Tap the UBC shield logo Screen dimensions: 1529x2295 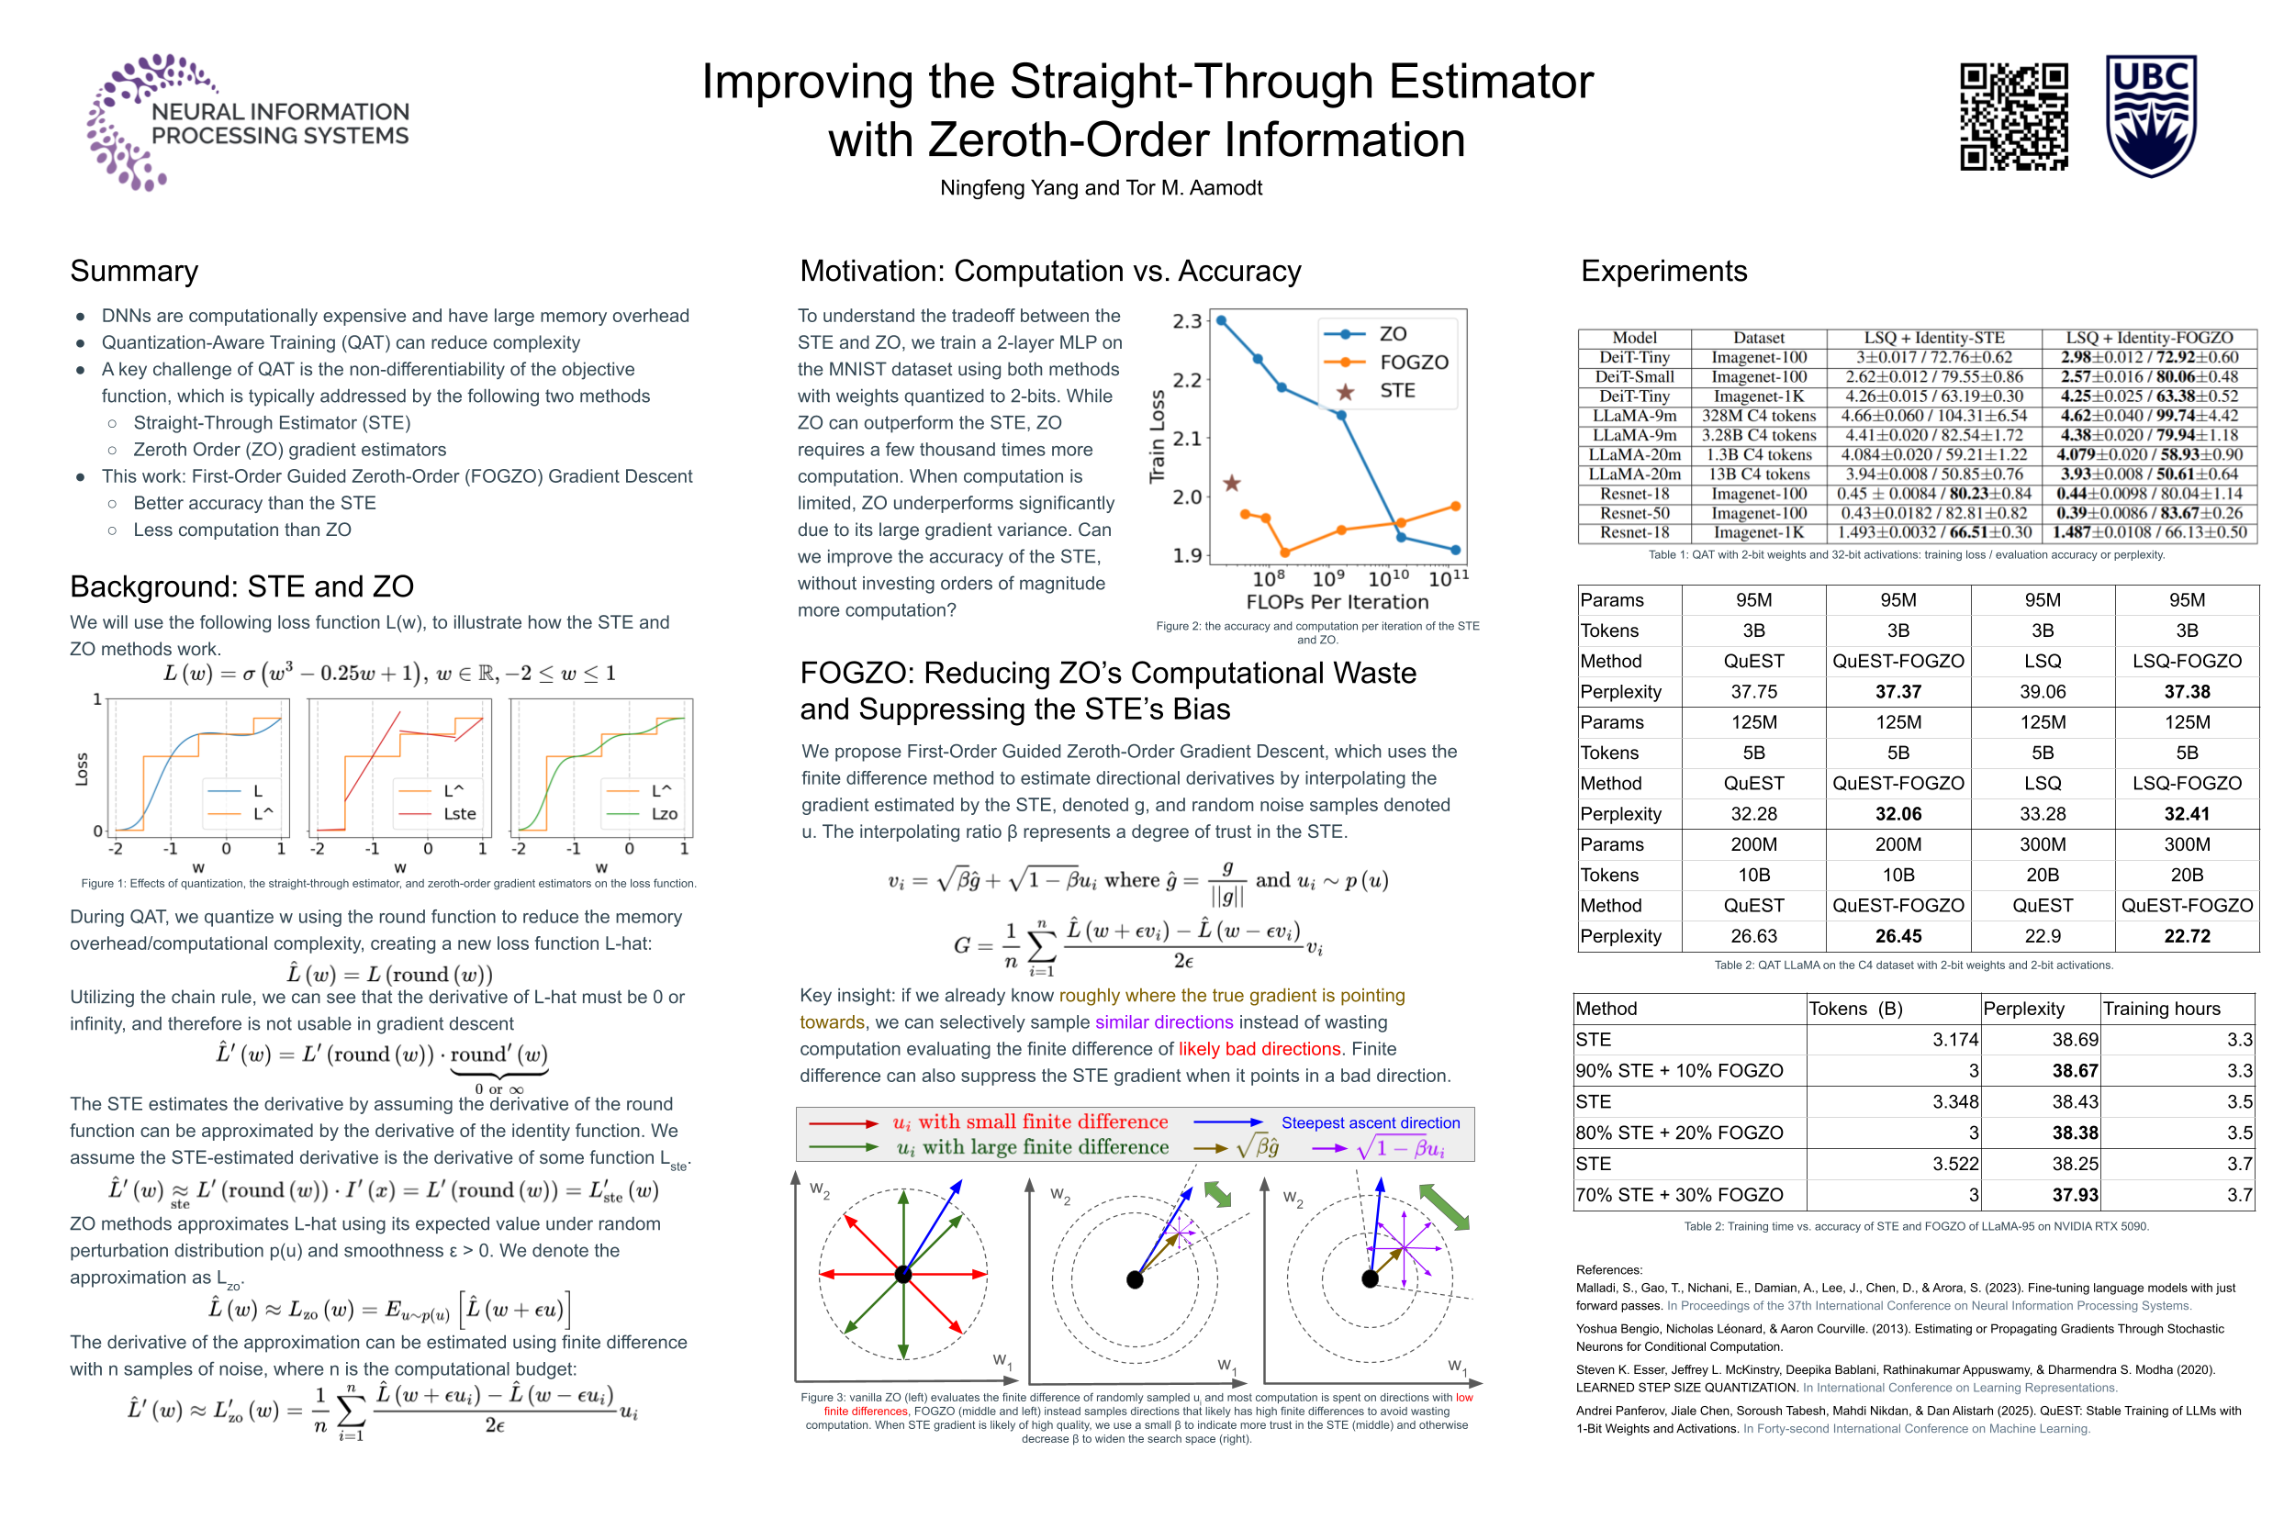coord(2150,115)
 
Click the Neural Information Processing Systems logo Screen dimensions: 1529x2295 coord(248,122)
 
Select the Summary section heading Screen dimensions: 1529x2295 coord(134,271)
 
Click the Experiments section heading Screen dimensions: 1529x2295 coord(1663,271)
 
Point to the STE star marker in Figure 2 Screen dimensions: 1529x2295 coord(1232,484)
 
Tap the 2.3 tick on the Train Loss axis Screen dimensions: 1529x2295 coord(1187,321)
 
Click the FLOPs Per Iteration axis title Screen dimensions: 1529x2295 coord(1337,602)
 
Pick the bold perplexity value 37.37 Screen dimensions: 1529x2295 coord(1898,691)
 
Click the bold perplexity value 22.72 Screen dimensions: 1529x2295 coord(2186,936)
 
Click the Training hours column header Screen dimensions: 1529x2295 coord(2160,1009)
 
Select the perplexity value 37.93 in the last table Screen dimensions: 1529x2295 coord(2074,1195)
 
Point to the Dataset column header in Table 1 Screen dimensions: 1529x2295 coord(1758,338)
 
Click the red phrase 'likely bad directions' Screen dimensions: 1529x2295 coord(1259,1049)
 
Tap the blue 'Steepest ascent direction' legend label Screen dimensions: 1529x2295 coord(1370,1122)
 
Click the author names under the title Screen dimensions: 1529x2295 coord(1100,188)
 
